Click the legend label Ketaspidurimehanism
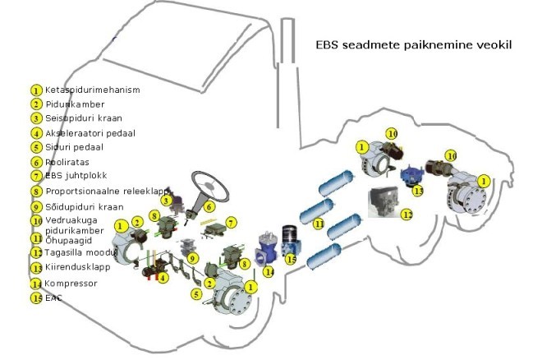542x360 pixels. click(x=92, y=90)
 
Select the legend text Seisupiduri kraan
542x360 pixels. click(x=83, y=118)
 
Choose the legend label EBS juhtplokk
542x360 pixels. click(x=76, y=175)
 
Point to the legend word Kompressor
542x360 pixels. click(x=71, y=283)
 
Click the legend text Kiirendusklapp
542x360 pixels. click(x=78, y=268)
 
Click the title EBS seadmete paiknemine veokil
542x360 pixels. click(x=414, y=44)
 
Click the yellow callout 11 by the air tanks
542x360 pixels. click(x=319, y=223)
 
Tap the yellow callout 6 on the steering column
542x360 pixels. click(x=211, y=207)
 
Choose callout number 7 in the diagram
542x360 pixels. click(x=232, y=222)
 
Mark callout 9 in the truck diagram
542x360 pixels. click(x=193, y=257)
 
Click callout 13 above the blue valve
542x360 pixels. click(x=418, y=191)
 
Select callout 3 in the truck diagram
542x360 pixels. click(x=166, y=201)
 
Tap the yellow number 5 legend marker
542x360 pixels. click(x=36, y=148)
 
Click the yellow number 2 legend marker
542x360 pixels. click(x=36, y=104)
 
